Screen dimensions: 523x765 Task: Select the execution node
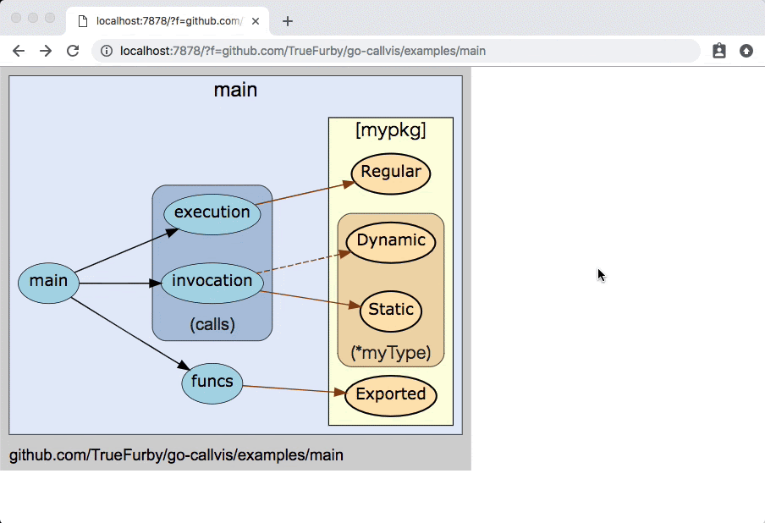(x=212, y=213)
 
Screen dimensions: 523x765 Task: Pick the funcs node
(x=212, y=383)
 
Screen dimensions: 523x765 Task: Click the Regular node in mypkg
(x=390, y=173)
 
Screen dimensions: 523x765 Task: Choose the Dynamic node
(x=390, y=241)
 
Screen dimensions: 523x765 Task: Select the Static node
(x=390, y=311)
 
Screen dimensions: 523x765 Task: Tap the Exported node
(x=390, y=395)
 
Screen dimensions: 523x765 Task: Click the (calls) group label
(x=212, y=325)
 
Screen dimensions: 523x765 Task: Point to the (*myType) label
(x=390, y=353)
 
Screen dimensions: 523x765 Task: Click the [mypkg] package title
(x=390, y=130)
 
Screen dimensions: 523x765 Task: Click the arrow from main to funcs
(x=131, y=333)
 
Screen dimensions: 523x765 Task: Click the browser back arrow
(x=19, y=51)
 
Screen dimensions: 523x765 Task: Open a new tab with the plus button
(x=288, y=21)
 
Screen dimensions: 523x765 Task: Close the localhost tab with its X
(x=256, y=21)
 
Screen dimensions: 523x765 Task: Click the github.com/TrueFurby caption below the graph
(x=176, y=455)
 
